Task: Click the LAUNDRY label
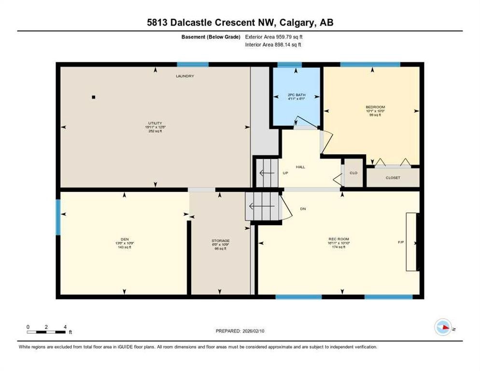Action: pos(185,76)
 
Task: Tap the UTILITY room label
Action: pos(155,123)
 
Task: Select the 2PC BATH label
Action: pos(296,94)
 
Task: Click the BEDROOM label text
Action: pos(375,107)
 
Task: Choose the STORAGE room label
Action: pos(220,241)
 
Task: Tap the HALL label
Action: pos(301,167)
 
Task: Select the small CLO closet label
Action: pos(353,172)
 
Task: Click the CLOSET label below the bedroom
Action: pos(393,178)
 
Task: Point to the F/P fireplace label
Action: pos(400,242)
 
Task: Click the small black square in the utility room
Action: pos(94,97)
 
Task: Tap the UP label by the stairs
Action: pos(285,172)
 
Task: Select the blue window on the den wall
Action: pos(57,218)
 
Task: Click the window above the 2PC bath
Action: pos(290,65)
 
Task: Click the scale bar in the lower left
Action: pos(46,331)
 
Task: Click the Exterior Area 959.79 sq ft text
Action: pos(274,37)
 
